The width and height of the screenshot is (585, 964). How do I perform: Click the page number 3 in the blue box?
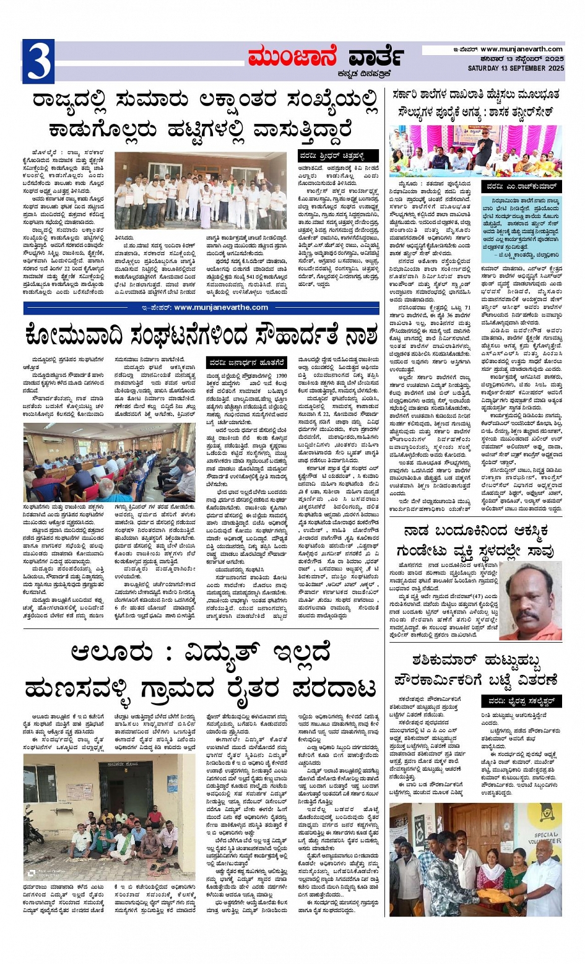click(x=38, y=61)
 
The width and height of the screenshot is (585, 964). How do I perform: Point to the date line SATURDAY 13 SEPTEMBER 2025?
click(x=516, y=68)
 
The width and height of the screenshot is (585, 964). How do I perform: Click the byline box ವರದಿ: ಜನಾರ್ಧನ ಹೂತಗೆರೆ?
click(x=246, y=362)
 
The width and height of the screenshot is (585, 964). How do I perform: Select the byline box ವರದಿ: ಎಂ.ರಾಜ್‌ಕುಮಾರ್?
click(x=522, y=186)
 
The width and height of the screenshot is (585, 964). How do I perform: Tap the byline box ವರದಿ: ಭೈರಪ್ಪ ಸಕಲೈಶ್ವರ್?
click(x=521, y=701)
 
